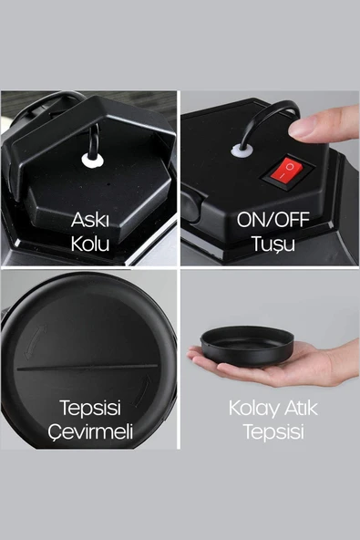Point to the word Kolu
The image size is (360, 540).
[x=91, y=244]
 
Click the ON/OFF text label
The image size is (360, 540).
[x=270, y=221]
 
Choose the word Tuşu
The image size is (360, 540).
[x=270, y=244]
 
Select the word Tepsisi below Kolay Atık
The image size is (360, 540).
[x=270, y=431]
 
